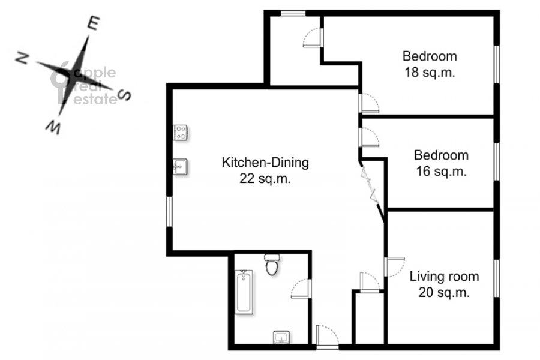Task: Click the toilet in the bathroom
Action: pos(272,265)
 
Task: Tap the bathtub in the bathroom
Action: pos(245,292)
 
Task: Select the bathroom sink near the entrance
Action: pos(282,338)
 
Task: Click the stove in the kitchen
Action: pos(180,133)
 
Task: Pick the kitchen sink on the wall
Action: pos(180,167)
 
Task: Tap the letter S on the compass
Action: pos(124,94)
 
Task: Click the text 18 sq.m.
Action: pos(430,73)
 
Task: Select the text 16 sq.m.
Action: pos(441,171)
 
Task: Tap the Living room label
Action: pos(444,276)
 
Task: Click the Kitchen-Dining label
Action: pos(265,162)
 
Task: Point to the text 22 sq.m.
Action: pos(265,178)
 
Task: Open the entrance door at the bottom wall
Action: pos(327,336)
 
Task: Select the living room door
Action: pos(394,266)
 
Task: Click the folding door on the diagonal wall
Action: pos(369,184)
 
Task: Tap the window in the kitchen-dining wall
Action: pos(169,212)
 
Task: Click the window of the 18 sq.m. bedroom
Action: pos(497,64)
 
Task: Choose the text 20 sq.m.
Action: pos(444,292)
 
